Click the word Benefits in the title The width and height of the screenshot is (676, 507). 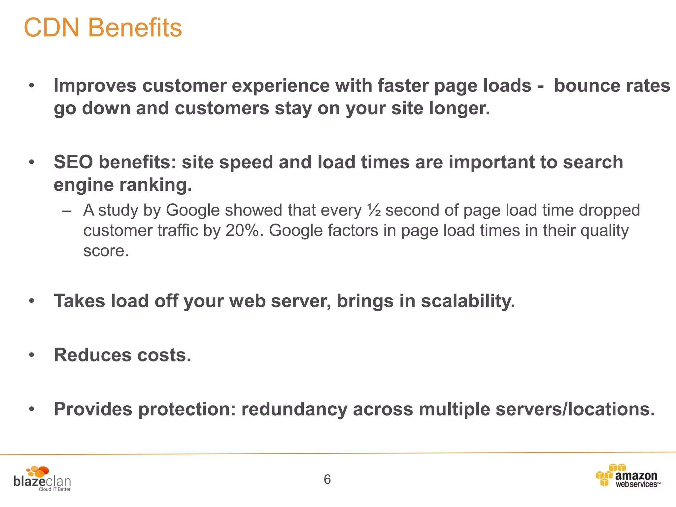tap(135, 28)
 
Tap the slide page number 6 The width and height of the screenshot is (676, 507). tap(327, 479)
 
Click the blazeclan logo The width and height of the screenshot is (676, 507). tap(42, 479)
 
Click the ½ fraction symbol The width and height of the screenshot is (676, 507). tap(374, 211)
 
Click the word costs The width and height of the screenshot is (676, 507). tap(164, 355)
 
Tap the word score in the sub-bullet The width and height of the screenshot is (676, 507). tap(106, 251)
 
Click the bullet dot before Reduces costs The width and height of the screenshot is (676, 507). tap(32, 355)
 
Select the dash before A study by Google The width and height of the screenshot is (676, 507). tap(67, 211)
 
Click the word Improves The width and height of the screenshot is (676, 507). tap(95, 86)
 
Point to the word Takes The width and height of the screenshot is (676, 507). tap(80, 301)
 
